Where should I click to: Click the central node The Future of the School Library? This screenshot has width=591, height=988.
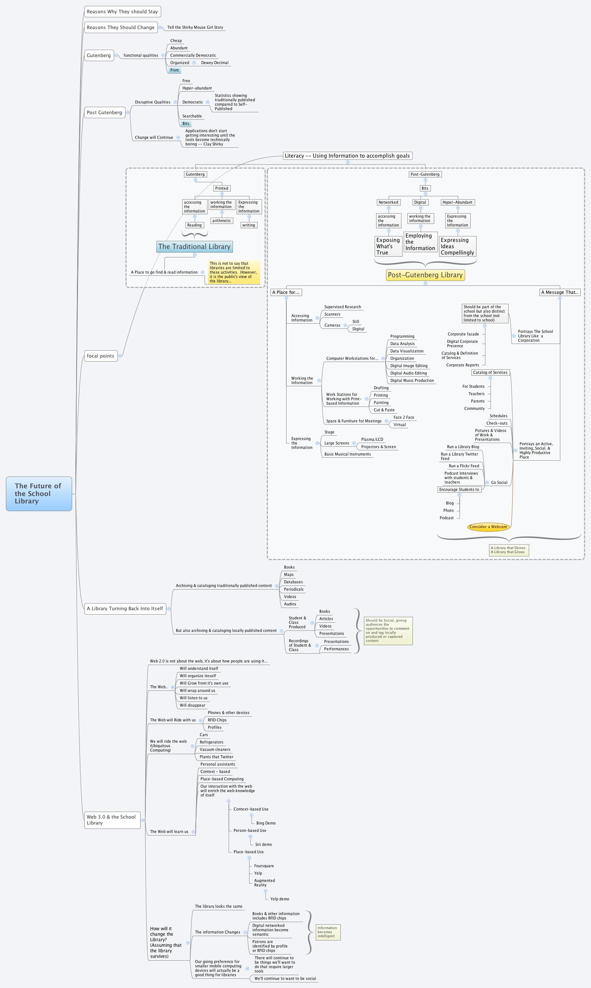[x=39, y=493]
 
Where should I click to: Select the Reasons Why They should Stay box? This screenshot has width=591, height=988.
[x=122, y=11]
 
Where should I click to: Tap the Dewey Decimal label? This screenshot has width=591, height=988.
[x=215, y=63]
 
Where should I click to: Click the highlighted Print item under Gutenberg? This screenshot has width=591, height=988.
[x=174, y=70]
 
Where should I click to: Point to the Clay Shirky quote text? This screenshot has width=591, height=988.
[x=210, y=137]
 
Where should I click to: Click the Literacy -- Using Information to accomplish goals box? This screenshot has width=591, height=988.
[x=347, y=156]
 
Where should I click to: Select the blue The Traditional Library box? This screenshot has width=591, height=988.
[x=194, y=247]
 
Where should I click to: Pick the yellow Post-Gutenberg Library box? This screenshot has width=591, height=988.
[x=425, y=275]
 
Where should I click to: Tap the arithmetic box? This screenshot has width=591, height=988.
[x=222, y=221]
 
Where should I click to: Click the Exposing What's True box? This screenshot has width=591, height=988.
[x=388, y=246]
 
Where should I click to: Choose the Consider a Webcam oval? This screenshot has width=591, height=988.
[x=488, y=527]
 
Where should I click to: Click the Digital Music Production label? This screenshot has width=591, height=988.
[x=412, y=380]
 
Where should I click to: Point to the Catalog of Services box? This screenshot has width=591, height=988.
[x=490, y=373]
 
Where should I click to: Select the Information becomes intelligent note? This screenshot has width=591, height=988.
[x=328, y=932]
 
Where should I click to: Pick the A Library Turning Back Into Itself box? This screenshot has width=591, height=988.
[x=125, y=608]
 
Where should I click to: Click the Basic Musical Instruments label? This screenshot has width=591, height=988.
[x=347, y=454]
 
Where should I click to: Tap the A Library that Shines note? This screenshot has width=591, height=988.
[x=509, y=550]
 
